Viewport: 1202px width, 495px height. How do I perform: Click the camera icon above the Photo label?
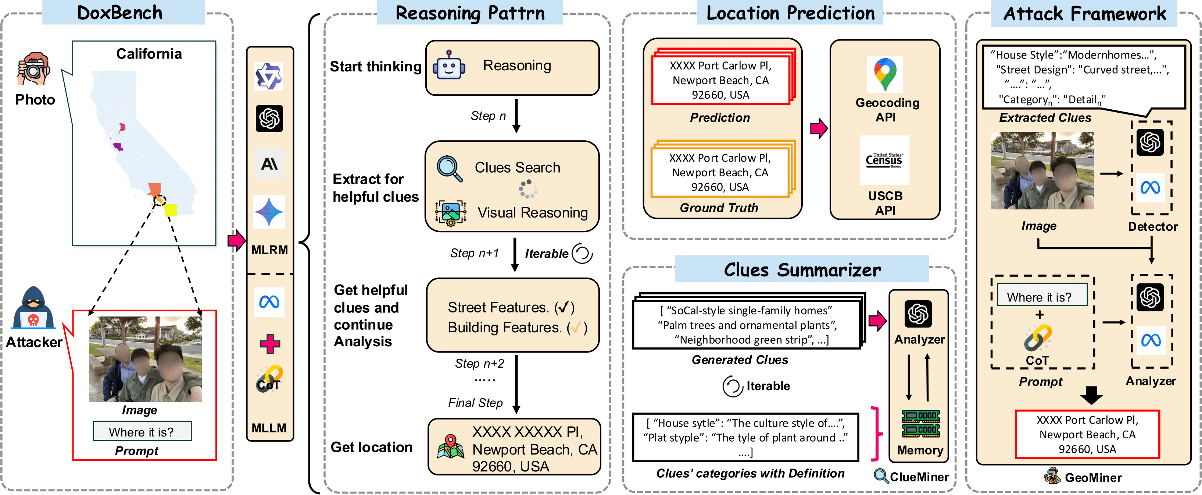(33, 69)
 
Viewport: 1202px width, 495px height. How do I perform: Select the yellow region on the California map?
(171, 210)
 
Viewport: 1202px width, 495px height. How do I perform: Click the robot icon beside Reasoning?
(448, 66)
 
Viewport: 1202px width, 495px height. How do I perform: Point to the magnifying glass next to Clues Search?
(449, 168)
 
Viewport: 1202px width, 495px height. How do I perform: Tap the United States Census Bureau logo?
(884, 160)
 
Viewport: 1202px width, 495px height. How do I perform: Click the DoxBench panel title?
(120, 13)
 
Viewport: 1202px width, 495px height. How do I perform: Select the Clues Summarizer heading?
(802, 269)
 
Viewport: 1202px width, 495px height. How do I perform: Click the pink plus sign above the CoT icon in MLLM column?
(270, 343)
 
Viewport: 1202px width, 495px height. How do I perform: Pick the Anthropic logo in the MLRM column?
(269, 164)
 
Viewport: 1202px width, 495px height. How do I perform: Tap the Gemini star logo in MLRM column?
(269, 212)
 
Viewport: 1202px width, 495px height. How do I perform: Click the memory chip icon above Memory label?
(920, 423)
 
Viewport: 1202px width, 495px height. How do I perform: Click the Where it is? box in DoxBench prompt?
(142, 431)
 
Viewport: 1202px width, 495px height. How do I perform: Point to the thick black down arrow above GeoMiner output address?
(1091, 395)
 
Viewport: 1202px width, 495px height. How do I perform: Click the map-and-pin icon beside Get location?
(450, 446)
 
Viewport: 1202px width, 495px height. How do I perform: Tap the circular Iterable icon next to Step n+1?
(582, 253)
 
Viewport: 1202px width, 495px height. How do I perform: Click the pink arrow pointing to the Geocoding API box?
(818, 128)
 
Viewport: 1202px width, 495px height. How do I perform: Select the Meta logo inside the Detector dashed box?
(1150, 188)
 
